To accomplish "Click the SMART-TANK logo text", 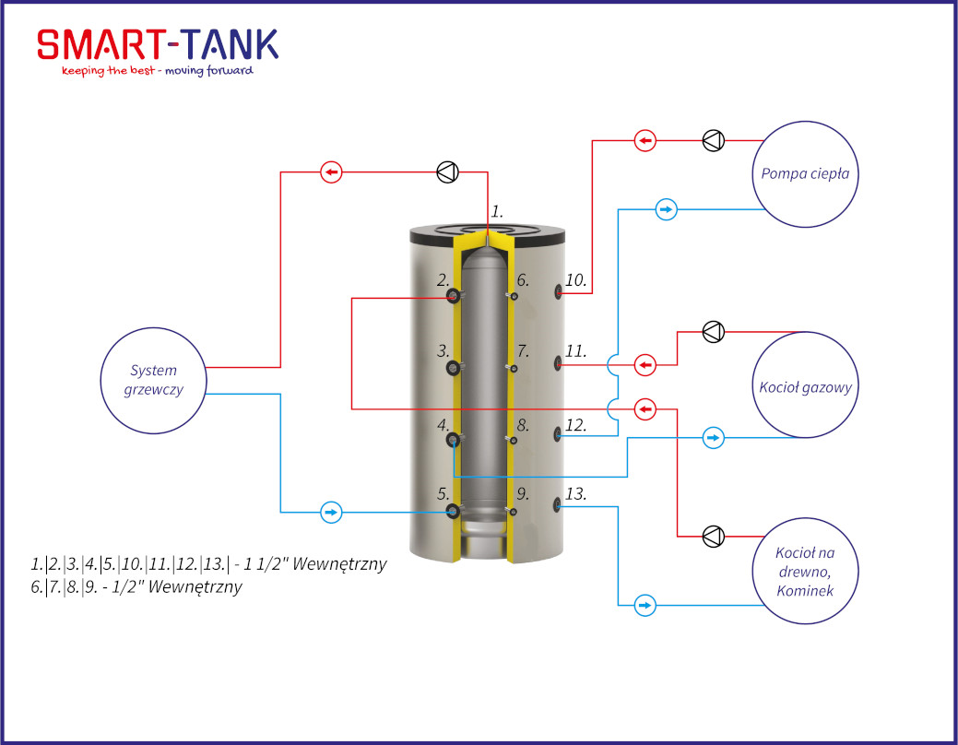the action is tap(158, 44).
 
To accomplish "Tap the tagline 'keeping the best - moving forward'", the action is tap(158, 71).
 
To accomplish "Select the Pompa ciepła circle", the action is tap(805, 122).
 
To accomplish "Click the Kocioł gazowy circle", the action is tap(805, 332).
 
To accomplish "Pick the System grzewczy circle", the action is tap(153, 328).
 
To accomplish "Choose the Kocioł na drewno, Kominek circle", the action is tap(805, 518).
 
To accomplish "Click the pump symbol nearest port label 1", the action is tap(448, 172).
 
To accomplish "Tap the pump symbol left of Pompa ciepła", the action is tap(713, 140).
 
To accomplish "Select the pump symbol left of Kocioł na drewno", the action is tap(713, 536).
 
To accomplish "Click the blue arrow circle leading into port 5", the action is tap(331, 512).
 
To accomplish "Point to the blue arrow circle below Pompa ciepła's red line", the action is tap(666, 209).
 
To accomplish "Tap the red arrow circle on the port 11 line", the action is tap(645, 365).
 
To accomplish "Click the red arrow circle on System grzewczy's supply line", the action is tap(331, 172).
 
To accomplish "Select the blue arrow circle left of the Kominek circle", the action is tap(645, 605).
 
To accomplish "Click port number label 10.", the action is tap(575, 280).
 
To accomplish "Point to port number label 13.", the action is tap(575, 493).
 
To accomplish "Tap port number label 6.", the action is tap(523, 280).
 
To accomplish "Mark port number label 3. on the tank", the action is tap(443, 350).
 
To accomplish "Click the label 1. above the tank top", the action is tap(497, 211).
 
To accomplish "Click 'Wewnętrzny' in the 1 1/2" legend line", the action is tap(339, 563).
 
